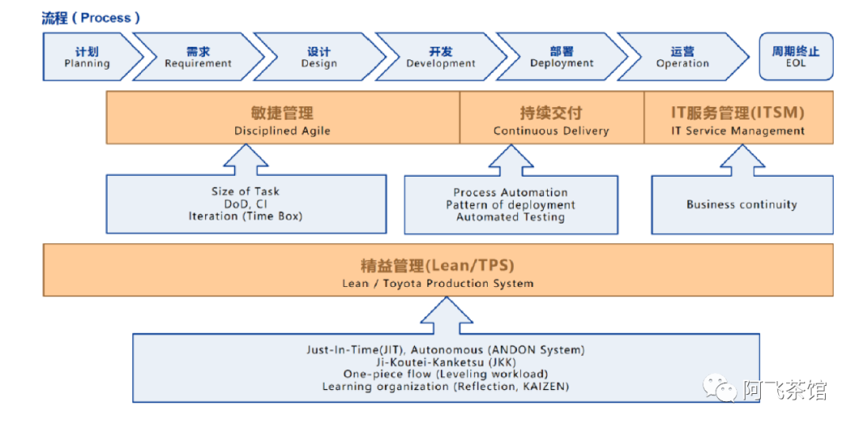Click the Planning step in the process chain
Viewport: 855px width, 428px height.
(x=90, y=57)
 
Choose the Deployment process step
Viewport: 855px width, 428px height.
(x=561, y=57)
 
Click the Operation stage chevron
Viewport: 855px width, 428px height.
(x=682, y=57)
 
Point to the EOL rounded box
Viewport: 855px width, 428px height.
(x=796, y=57)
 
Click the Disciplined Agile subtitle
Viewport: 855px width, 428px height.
(x=283, y=131)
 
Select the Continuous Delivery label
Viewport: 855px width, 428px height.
(x=551, y=131)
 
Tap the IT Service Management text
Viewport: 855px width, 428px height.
(x=739, y=131)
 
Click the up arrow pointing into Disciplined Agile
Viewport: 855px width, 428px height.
(x=246, y=159)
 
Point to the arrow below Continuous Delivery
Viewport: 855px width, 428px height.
(x=511, y=159)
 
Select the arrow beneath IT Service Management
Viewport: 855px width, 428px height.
(x=742, y=159)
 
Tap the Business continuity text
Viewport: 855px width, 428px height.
(x=742, y=204)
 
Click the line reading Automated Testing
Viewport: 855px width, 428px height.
(x=511, y=217)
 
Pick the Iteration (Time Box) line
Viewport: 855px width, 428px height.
(x=245, y=216)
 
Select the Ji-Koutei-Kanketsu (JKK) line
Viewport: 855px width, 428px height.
(x=446, y=362)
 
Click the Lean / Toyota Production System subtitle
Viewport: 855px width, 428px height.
(x=438, y=283)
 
